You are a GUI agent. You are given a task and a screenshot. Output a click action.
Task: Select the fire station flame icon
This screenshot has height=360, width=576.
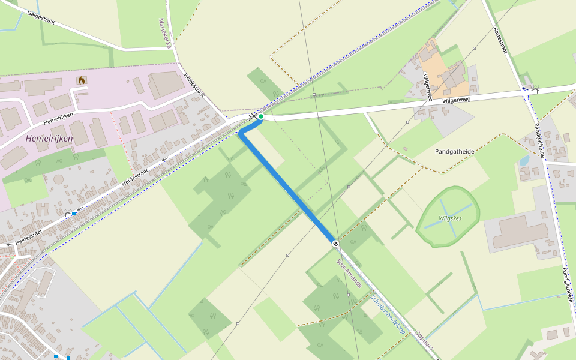(81, 80)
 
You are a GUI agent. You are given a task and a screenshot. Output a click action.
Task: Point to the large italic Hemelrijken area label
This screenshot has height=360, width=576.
(49, 139)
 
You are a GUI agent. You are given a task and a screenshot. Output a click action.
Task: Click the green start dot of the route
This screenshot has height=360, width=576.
(261, 116)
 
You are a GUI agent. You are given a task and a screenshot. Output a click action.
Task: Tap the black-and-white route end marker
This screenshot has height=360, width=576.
(335, 243)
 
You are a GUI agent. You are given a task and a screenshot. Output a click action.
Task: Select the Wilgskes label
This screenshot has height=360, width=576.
(450, 218)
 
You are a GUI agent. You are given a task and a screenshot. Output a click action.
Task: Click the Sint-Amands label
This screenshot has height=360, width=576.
(349, 274)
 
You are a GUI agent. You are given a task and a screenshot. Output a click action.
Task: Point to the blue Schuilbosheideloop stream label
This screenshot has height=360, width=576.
(388, 314)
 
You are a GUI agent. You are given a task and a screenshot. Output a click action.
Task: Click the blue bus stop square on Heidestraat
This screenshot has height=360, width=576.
(74, 214)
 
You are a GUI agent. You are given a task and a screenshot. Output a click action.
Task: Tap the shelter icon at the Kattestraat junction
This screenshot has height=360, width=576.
(535, 91)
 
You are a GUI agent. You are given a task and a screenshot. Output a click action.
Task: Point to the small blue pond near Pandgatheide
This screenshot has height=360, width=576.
(524, 161)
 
